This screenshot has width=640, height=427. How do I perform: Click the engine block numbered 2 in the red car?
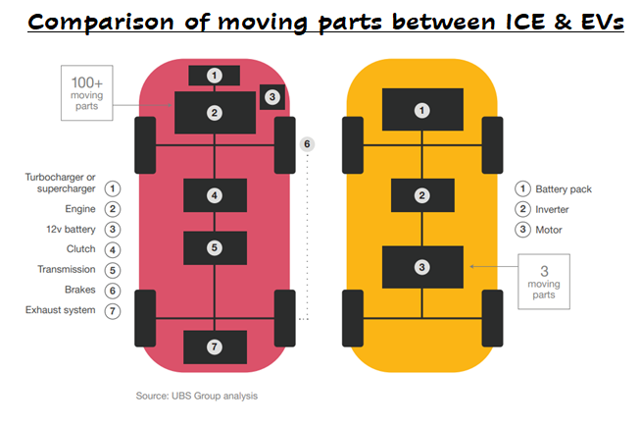click(x=215, y=112)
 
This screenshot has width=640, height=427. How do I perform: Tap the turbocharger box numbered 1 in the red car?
click(x=215, y=75)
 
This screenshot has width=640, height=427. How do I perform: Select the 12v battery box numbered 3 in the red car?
click(x=272, y=96)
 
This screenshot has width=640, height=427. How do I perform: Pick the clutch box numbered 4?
click(x=215, y=195)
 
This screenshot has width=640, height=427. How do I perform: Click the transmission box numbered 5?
click(x=215, y=247)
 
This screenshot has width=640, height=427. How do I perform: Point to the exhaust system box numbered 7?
click(x=215, y=347)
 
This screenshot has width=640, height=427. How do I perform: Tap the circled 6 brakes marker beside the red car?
click(x=307, y=144)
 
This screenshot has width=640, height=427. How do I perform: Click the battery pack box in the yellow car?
click(x=422, y=110)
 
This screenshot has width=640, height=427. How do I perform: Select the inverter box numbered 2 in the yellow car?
click(x=422, y=195)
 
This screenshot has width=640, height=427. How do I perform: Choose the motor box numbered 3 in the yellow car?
click(x=422, y=267)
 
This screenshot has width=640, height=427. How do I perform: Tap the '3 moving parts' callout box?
click(x=544, y=281)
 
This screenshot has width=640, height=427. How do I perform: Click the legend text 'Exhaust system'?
click(x=61, y=310)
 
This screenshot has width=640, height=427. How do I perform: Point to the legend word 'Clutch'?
click(x=80, y=249)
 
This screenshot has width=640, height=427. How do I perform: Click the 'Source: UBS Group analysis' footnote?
click(x=197, y=396)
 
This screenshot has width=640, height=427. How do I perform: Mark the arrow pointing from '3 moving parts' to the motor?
click(x=487, y=265)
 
